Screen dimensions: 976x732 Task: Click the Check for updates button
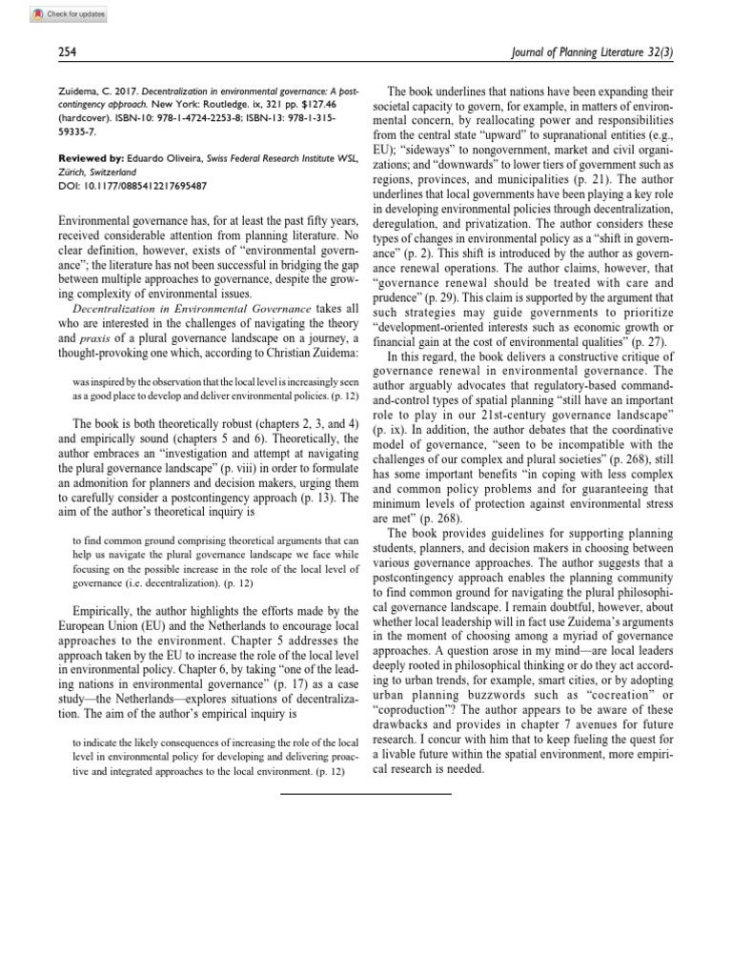tap(57, 15)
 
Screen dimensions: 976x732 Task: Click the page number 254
tap(69, 54)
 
